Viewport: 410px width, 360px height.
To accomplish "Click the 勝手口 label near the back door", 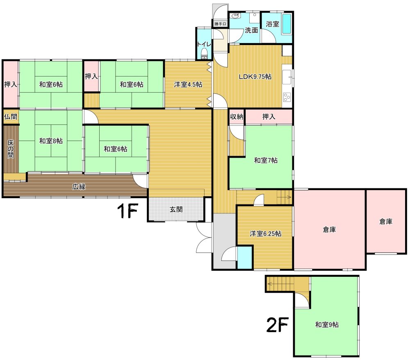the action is tap(220, 24).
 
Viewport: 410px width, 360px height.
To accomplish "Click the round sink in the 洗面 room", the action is tap(234, 16).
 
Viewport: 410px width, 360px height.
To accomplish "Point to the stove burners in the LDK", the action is tap(287, 97).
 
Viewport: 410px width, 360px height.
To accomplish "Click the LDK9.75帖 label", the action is tap(255, 77).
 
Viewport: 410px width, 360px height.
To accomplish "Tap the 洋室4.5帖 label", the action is tap(188, 85).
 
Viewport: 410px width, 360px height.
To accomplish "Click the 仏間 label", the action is tap(11, 116).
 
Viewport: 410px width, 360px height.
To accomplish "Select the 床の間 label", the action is tap(11, 149).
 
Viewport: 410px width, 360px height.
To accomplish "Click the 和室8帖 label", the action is tap(51, 141).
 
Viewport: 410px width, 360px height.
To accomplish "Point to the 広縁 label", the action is tap(79, 187).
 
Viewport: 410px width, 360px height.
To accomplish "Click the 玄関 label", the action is tap(176, 209).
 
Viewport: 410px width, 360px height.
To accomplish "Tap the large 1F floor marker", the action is tap(127, 211).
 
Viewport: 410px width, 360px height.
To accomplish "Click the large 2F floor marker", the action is tap(277, 324).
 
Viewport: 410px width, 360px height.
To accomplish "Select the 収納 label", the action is tap(237, 116).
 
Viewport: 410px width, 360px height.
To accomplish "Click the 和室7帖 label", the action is tap(266, 161).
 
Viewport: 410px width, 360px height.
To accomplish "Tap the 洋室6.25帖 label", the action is tap(265, 233).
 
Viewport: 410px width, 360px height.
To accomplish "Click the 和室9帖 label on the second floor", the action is tap(327, 325).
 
